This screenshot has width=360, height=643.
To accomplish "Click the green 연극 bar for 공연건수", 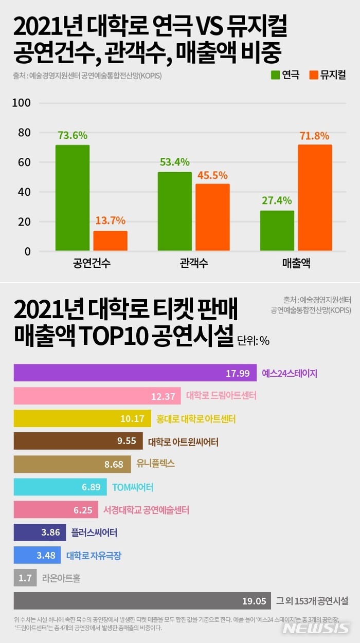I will pos(73,198).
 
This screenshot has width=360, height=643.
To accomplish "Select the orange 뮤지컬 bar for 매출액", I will pos(315,198).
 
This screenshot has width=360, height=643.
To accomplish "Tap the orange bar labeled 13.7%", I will pos(111,241).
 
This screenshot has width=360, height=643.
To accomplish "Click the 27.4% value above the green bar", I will pos(277,200).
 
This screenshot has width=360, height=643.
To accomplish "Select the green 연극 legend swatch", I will pos(275,75).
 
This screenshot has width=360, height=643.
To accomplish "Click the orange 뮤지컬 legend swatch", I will pos(313,75).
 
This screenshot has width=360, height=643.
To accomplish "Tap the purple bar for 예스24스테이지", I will pos(135,373).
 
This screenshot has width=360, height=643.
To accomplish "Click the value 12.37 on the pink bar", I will pos(163,396).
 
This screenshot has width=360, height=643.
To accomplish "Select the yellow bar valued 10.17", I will pos(82,418).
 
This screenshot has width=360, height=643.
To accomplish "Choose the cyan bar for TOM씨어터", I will pos(60,487).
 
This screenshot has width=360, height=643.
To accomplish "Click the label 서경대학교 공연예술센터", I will pos(146,510).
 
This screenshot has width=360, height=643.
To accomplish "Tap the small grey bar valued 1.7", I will pos(25,578).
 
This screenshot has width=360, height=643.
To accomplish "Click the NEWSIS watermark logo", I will pos(316,628).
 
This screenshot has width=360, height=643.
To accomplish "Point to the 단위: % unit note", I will pos(254,340).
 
